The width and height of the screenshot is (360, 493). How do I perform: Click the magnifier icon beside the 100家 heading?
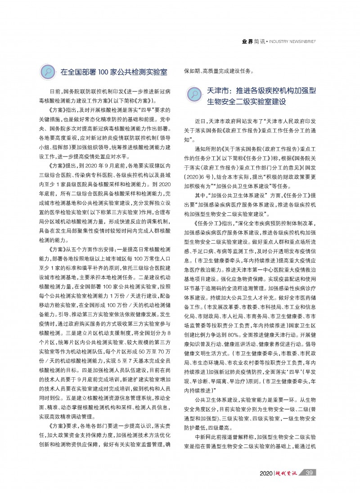coord(48,72)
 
